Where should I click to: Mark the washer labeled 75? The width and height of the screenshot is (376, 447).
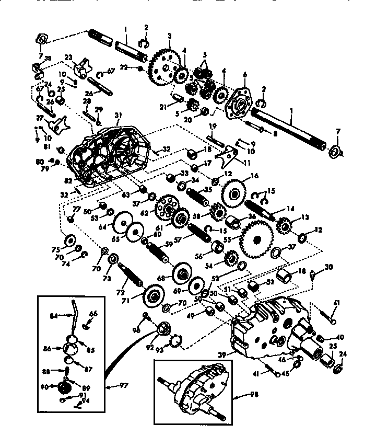68,242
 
